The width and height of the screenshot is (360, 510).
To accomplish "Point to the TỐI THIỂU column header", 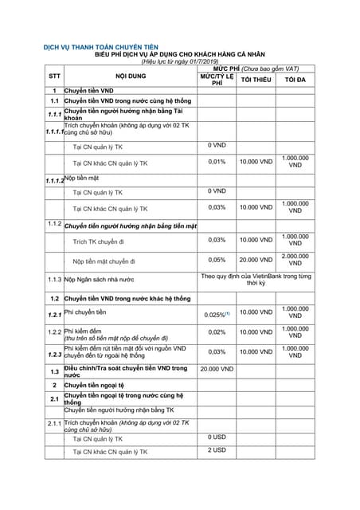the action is point(256,80).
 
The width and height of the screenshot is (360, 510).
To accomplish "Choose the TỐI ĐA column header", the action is point(295,80).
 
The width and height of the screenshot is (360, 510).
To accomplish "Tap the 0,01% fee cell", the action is point(217,162).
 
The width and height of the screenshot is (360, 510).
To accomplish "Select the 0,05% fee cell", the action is point(217,260).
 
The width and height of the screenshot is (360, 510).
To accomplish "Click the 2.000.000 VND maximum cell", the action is point(295,260).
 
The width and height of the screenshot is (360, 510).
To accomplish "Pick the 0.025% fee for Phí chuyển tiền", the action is point(217,315).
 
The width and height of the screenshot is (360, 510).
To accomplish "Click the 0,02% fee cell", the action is point(217,332).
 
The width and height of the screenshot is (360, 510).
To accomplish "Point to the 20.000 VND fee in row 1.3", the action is point(217,370).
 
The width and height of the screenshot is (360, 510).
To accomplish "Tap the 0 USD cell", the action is point(217,437).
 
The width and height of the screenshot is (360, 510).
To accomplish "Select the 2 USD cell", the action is point(217,450).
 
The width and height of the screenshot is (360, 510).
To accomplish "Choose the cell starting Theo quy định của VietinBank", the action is point(256,279).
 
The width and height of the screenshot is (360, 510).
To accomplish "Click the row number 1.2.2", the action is point(53,332).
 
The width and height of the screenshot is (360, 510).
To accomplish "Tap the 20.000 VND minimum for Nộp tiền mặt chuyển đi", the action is point(256,260).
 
